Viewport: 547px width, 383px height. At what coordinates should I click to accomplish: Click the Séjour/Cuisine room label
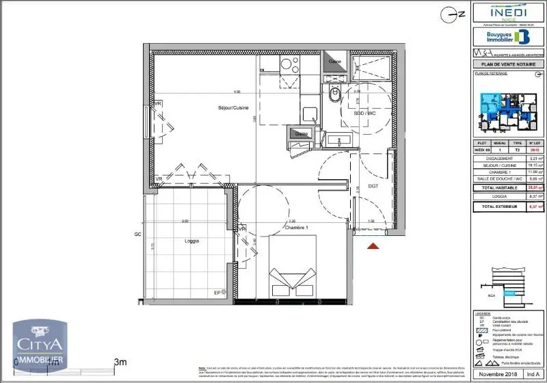point(233,108)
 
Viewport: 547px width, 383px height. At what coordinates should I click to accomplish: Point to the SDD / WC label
point(366,112)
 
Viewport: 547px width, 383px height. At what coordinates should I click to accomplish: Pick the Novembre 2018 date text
point(495,375)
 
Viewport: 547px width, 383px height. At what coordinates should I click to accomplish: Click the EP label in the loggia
point(218,293)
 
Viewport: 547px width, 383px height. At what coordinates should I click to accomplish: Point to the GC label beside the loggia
point(137,234)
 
